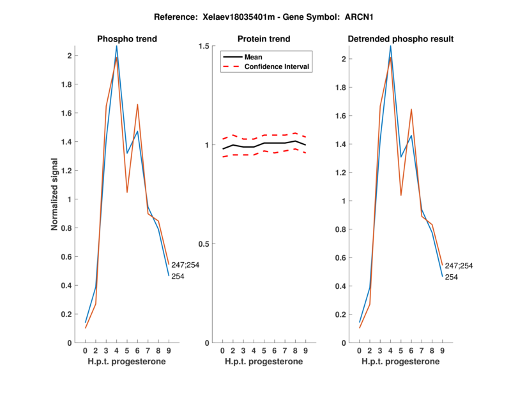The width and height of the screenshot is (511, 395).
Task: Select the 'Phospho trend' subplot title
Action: coord(127,39)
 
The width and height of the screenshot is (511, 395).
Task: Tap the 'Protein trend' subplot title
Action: coord(264,39)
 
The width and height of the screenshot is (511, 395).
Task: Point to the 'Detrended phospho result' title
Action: coord(400,39)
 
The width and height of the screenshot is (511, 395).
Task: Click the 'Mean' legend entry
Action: coord(254,57)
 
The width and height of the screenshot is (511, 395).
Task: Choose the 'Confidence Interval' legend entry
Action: coord(277,66)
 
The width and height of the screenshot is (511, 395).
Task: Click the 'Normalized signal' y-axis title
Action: coord(56,194)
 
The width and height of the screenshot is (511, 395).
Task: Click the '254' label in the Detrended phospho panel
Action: coord(451,277)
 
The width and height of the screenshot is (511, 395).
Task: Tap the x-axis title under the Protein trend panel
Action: coord(264,362)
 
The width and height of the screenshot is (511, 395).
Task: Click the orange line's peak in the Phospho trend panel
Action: coord(116,58)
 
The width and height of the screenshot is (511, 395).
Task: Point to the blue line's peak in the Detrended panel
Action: coord(390,45)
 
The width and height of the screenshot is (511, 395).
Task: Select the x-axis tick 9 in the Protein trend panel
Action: coord(306,350)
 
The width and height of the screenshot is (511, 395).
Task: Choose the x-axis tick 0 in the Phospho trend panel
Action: coord(85,350)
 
